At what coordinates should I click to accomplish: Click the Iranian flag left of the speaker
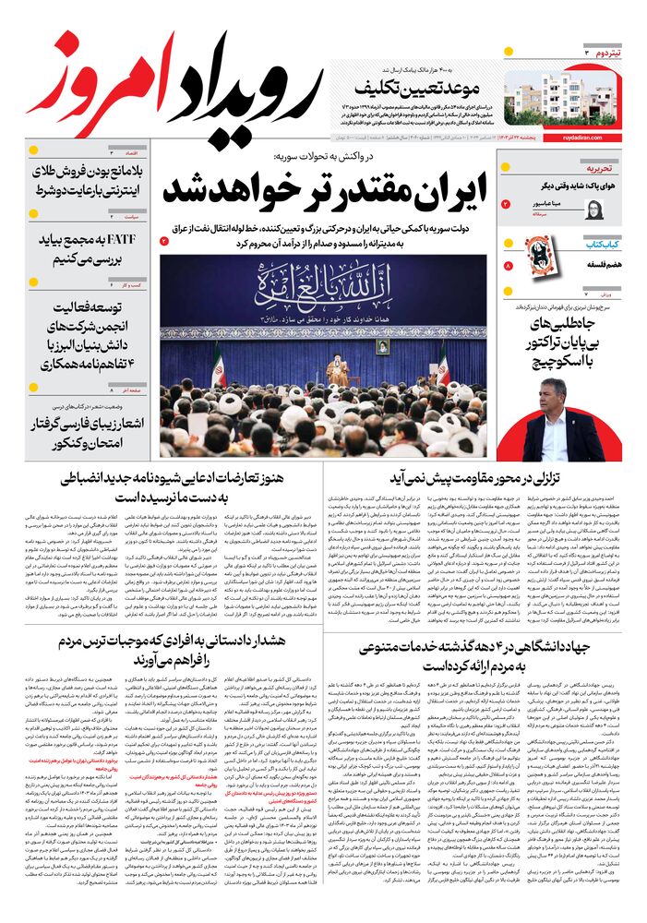[x=219, y=366]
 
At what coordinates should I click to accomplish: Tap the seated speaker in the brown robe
[x=339, y=373]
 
